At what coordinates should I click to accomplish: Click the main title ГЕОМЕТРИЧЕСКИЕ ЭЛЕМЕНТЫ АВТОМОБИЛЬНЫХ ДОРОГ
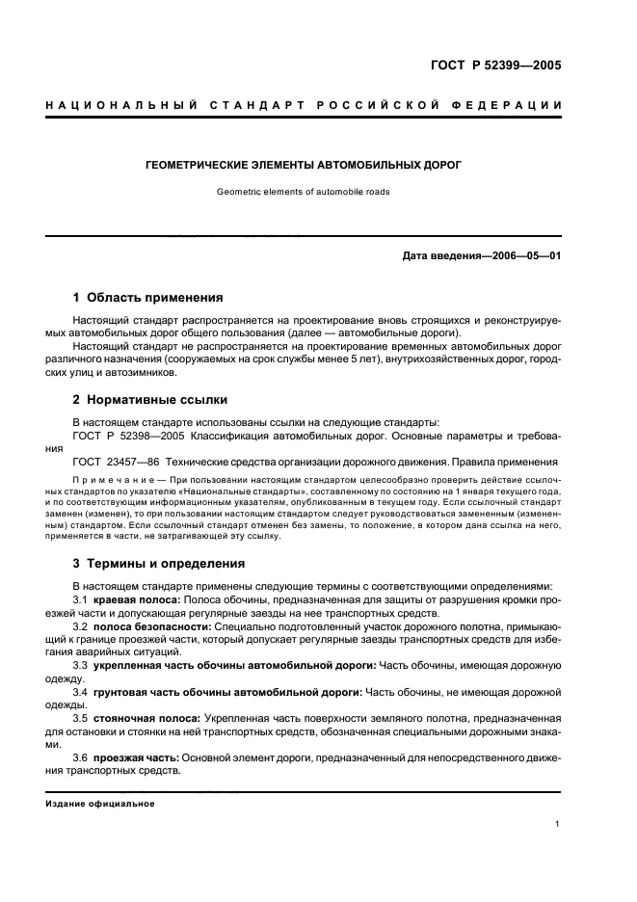(304, 165)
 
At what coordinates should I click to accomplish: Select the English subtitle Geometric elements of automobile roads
(304, 191)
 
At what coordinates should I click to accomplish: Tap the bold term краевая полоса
(135, 599)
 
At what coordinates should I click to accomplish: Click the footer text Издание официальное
(100, 803)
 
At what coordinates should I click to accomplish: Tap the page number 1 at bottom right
(558, 824)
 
